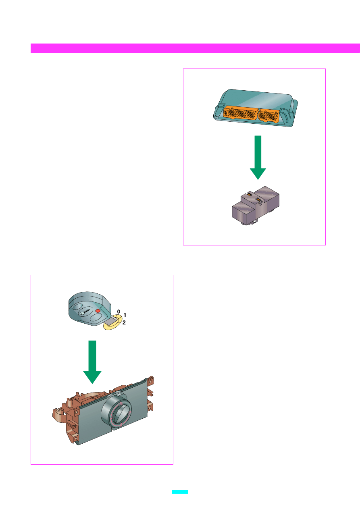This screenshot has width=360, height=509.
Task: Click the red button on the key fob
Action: click(x=98, y=311)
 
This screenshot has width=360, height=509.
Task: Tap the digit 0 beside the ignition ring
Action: click(x=119, y=312)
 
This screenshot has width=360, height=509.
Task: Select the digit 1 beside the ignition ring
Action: click(x=125, y=315)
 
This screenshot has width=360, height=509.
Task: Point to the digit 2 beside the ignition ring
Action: click(x=124, y=322)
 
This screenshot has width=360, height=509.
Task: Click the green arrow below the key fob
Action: click(x=92, y=362)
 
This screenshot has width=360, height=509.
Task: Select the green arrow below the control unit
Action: click(x=258, y=158)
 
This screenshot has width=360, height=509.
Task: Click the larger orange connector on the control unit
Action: click(x=240, y=113)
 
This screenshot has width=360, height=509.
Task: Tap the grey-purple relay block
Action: click(x=256, y=206)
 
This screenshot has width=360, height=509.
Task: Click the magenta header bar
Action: click(x=195, y=48)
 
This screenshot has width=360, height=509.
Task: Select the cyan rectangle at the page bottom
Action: click(x=180, y=492)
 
